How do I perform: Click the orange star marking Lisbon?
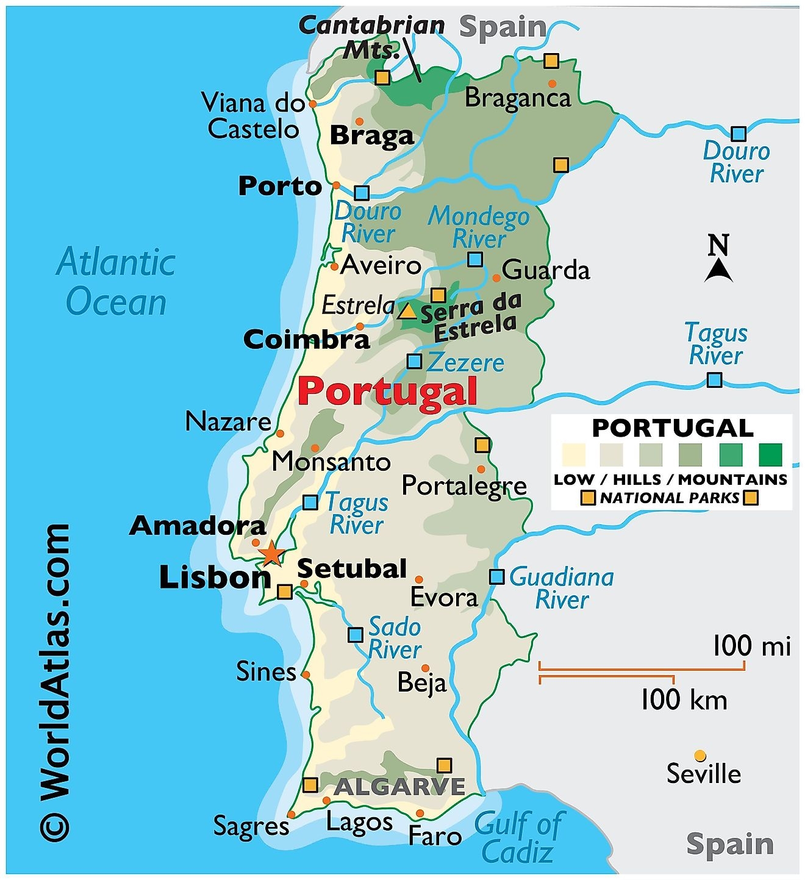pyautogui.click(x=271, y=554)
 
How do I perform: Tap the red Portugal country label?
pyautogui.click(x=388, y=391)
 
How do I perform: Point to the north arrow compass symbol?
pyautogui.click(x=718, y=259)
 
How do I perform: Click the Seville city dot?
pyautogui.click(x=700, y=756)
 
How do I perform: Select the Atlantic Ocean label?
pyautogui.click(x=116, y=282)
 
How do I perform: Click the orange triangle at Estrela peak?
pyautogui.click(x=407, y=312)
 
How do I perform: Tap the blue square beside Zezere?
pyautogui.click(x=414, y=361)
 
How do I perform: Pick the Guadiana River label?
pyautogui.click(x=561, y=588)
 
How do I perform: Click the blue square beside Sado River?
pyautogui.click(x=356, y=635)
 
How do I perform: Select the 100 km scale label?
pyautogui.click(x=684, y=699)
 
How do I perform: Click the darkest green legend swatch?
pyautogui.click(x=770, y=454)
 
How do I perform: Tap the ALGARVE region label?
pyautogui.click(x=399, y=787)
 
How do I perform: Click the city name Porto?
pyautogui.click(x=280, y=186)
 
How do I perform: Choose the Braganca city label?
pyautogui.click(x=517, y=98)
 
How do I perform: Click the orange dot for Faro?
pyautogui.click(x=420, y=814)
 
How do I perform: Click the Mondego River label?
pyautogui.click(x=478, y=227)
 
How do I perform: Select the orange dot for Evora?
pyautogui.click(x=419, y=579)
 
